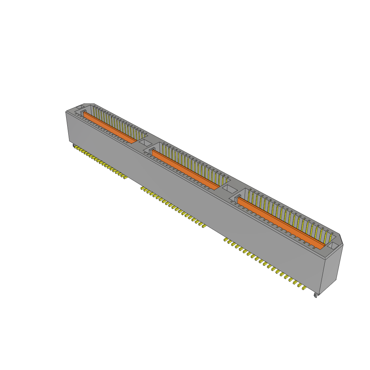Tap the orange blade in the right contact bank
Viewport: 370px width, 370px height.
pyautogui.click(x=282, y=223)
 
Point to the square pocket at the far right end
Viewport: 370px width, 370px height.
pyautogui.click(x=333, y=245)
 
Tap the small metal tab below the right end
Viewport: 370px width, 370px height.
pyautogui.click(x=317, y=295)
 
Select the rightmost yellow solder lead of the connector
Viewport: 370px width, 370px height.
pyautogui.click(x=304, y=288)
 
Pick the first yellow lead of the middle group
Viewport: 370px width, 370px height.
pyautogui.click(x=142, y=188)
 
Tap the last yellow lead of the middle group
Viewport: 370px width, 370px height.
pyautogui.click(x=203, y=226)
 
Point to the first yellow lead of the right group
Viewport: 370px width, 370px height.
pyautogui.click(x=226, y=240)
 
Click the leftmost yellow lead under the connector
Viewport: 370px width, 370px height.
pyautogui.click(x=75, y=147)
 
